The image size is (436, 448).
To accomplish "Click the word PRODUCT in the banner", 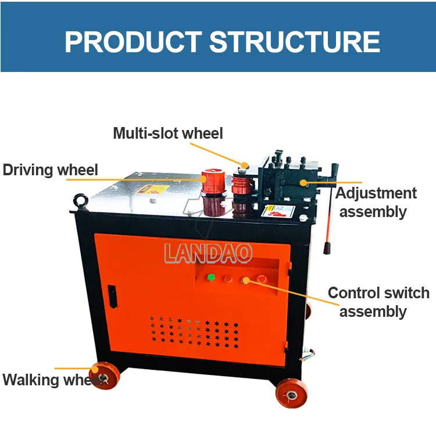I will pos(133,42).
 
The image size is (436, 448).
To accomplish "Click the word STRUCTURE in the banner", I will pos(295,42).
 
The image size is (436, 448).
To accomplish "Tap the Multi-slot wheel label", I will pos(167,133).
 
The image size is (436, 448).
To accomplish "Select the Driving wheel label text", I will pos(50,170).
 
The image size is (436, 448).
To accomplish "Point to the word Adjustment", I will pos(376,193).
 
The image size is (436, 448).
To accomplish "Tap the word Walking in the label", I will pos(31,380).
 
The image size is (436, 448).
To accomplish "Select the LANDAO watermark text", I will pos(208,253).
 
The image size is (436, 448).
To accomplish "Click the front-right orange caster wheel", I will pos(290,395).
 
